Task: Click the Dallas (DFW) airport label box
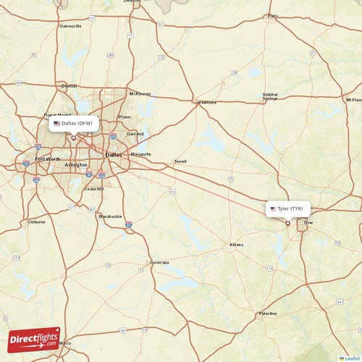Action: pyautogui.click(x=74, y=124)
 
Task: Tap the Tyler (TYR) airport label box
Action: pyautogui.click(x=289, y=209)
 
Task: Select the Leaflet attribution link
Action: pyautogui.click(x=351, y=358)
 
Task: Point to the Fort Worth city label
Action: pyautogui.click(x=49, y=159)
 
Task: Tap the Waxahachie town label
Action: pyautogui.click(x=110, y=216)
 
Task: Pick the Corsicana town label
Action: pyautogui.click(x=159, y=261)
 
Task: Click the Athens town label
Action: pyautogui.click(x=237, y=245)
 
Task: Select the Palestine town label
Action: pyautogui.click(x=268, y=314)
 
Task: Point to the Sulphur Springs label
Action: pyautogui.click(x=270, y=96)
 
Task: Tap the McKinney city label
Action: pyautogui.click(x=140, y=93)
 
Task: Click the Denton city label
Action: pyautogui.click(x=70, y=86)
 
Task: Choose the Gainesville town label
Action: pyautogui.click(x=70, y=25)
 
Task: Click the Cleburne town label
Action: pyautogui.click(x=36, y=222)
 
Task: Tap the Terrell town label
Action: pyautogui.click(x=181, y=161)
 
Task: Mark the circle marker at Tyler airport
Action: pyautogui.click(x=287, y=223)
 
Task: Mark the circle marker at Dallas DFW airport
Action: pyautogui.click(x=72, y=138)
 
